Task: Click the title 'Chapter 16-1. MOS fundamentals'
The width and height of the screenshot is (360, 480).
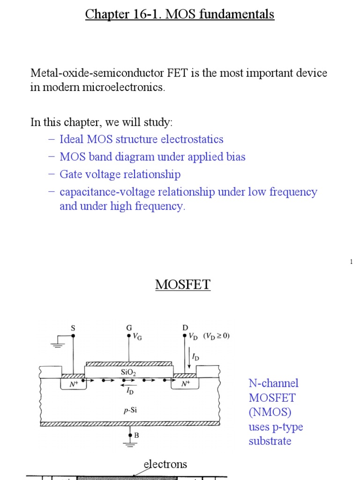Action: pyautogui.click(x=180, y=15)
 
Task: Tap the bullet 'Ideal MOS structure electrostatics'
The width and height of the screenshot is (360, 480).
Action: pyautogui.click(x=141, y=139)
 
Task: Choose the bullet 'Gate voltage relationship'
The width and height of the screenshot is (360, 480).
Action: pyautogui.click(x=120, y=174)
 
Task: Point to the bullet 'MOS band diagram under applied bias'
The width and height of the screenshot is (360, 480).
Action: pyautogui.click(x=152, y=157)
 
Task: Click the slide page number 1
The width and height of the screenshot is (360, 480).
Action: pyautogui.click(x=351, y=262)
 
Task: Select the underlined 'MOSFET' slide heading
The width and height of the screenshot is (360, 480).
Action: pyautogui.click(x=183, y=285)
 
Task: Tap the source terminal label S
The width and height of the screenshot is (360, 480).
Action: pyautogui.click(x=73, y=329)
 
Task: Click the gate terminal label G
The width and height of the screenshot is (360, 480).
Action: pyautogui.click(x=129, y=328)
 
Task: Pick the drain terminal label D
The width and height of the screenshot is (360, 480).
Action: pyautogui.click(x=185, y=328)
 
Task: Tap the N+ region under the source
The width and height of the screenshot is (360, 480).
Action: pyautogui.click(x=73, y=383)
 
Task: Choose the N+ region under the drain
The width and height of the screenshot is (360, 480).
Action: pyautogui.click(x=186, y=383)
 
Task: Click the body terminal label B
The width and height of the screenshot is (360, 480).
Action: pyautogui.click(x=136, y=435)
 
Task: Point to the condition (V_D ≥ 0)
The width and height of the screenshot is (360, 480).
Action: pyautogui.click(x=216, y=336)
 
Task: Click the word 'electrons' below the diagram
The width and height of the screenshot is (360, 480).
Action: pyautogui.click(x=165, y=464)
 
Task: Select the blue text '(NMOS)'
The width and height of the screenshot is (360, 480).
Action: pyautogui.click(x=266, y=412)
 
